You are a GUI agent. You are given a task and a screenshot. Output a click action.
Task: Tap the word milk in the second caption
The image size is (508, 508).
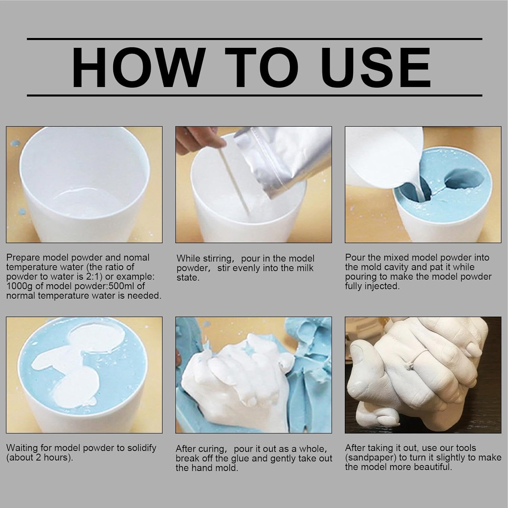coord(303,268)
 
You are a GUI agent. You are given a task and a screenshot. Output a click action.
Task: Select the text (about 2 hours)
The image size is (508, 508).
coord(40,458)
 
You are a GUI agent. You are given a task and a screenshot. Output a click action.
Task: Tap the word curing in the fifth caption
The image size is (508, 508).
coord(211,449)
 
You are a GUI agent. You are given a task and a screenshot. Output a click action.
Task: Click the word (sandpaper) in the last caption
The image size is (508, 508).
coord(371,458)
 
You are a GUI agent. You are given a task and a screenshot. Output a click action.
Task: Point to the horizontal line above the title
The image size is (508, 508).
coord(254,39)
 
